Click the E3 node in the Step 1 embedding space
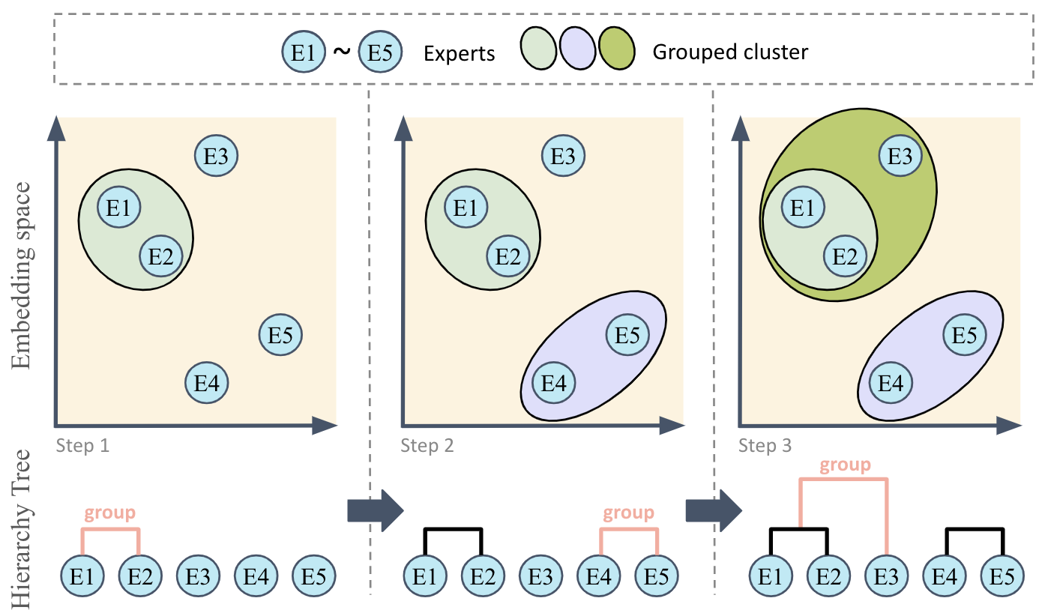[216, 156]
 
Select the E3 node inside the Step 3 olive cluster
[900, 156]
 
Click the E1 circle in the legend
[303, 52]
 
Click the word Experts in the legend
[459, 53]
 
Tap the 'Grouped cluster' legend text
[730, 52]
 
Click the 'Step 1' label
[82, 446]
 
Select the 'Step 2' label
[427, 446]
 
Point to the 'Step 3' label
[765, 446]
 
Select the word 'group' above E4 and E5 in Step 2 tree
[628, 513]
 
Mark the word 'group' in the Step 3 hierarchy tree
[845, 465]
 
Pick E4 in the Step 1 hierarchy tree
[256, 576]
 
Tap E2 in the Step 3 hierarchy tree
[828, 576]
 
